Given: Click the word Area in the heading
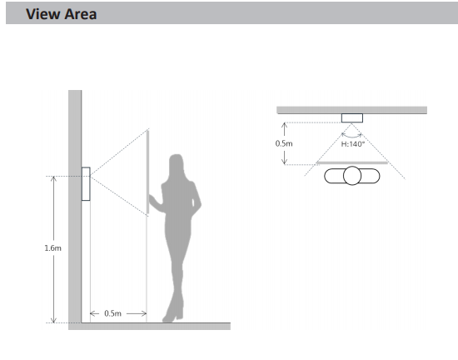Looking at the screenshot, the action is coord(80,14).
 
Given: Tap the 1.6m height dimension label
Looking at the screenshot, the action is coord(52,248).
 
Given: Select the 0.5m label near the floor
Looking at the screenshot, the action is coord(112,313).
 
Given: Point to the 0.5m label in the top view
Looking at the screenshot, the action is coord(284,143).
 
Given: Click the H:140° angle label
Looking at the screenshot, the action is coord(353,144).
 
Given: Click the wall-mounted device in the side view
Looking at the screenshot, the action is coord(86,184).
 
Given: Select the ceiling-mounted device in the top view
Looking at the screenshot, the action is coord(352,118).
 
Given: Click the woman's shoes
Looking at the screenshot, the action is coord(173,317).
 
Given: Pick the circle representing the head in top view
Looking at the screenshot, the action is coord(352,176).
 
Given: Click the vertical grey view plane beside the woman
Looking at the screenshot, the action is coord(147,172).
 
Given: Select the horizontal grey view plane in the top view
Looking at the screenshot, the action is coord(352,162).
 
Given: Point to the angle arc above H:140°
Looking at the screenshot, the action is coord(351,137).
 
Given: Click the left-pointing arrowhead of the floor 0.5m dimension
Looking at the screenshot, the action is coord(94,313).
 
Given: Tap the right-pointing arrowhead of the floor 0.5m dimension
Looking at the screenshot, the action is coord(143,313).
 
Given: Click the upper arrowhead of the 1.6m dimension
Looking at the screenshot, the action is coord(53,179).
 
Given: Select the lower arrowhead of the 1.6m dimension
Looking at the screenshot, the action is coord(53,320).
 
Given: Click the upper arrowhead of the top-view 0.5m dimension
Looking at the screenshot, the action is coord(284,125).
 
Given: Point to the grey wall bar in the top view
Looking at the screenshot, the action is coord(351,110).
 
